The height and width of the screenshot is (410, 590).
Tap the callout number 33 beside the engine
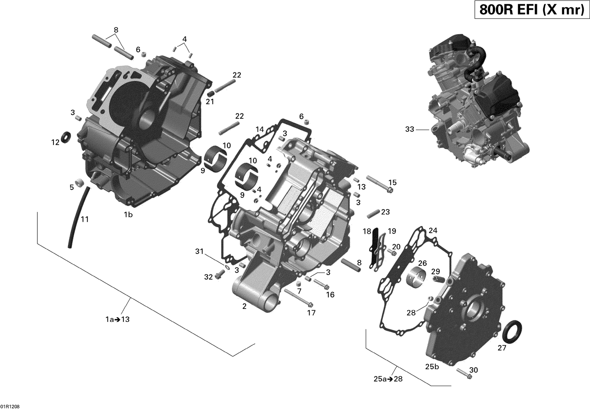point(409,129)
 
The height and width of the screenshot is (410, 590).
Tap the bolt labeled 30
point(464,373)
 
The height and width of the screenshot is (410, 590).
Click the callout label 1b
point(128,215)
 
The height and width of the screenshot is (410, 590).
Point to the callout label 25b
point(432,367)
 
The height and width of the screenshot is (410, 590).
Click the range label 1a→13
point(117,320)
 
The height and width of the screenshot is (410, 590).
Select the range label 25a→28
point(388,379)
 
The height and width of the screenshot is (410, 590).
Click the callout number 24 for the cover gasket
point(433,230)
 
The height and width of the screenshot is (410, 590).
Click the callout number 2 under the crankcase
point(244,306)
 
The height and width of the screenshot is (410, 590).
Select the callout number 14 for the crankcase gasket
point(260,129)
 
